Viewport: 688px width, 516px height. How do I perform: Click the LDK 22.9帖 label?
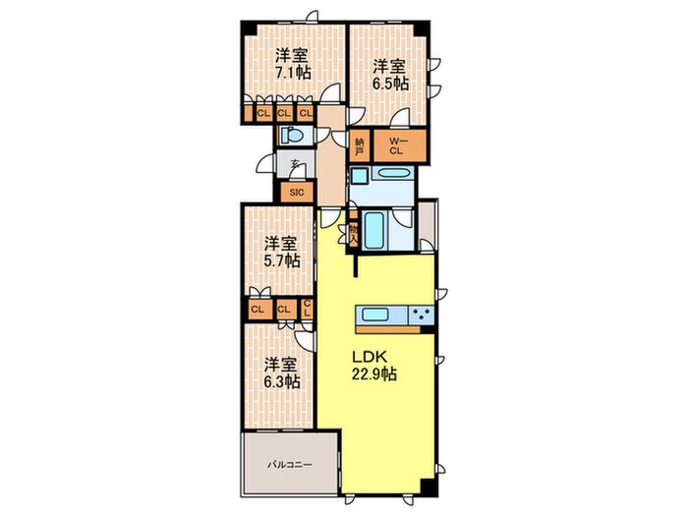point(374,366)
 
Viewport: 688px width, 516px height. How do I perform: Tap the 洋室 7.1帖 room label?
point(293,64)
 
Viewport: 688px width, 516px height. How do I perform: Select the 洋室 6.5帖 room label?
point(390,75)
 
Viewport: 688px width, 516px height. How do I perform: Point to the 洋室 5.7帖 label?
point(282,253)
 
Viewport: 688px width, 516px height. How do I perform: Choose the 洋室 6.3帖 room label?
point(282,373)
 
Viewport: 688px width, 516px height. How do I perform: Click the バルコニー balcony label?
point(290,464)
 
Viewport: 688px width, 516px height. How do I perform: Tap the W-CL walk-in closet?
point(399,146)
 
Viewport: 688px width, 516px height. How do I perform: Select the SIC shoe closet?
point(297,193)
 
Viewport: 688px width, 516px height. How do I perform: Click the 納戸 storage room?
point(360,146)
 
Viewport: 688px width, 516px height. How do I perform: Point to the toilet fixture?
point(292,135)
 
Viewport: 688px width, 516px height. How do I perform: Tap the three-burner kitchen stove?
point(422,315)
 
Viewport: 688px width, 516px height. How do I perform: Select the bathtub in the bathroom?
point(374,230)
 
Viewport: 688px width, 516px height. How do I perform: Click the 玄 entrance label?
point(296,165)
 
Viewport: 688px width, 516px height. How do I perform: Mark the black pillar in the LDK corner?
point(428,487)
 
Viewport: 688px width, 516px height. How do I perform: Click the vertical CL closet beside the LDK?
point(307,309)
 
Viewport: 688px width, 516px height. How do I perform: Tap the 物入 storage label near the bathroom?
point(353,234)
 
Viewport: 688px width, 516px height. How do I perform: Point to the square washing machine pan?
point(361,176)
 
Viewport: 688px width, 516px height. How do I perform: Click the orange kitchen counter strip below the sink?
point(387,329)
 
